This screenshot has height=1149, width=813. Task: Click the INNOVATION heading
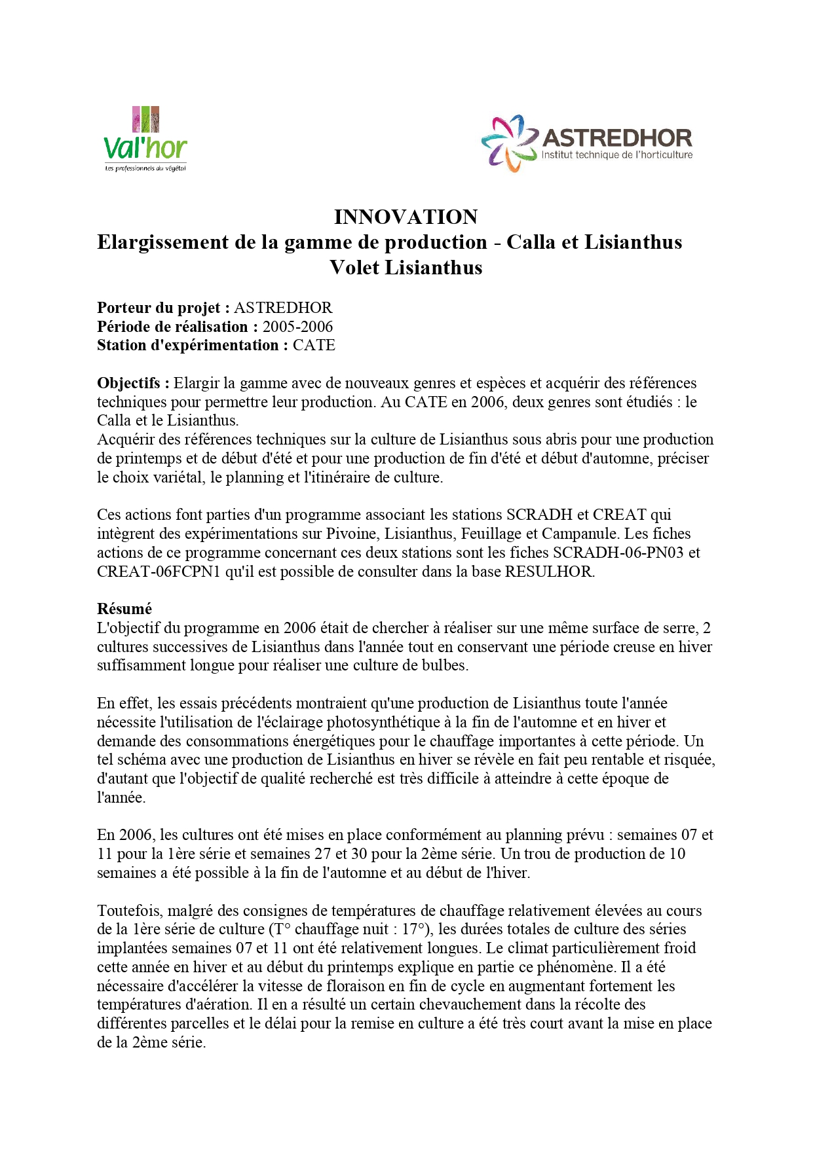point(406,217)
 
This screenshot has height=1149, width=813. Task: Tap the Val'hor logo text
point(145,148)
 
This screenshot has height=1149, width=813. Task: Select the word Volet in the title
point(354,268)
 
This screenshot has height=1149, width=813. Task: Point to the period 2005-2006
point(297,327)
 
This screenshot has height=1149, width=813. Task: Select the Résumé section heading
point(124,609)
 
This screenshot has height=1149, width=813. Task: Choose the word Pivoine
point(350,534)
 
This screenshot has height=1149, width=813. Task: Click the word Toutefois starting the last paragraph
point(128,911)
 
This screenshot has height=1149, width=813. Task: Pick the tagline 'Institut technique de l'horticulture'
point(616,155)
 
